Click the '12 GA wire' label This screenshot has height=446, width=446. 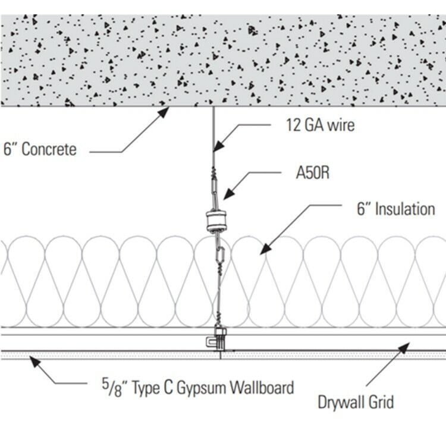click(x=321, y=125)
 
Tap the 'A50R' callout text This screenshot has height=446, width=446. click(x=313, y=172)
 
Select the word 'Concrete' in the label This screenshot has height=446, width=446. click(x=49, y=149)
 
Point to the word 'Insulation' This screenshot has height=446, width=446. click(x=405, y=209)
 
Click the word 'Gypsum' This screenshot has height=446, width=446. click(x=202, y=388)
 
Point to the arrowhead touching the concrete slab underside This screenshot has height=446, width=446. click(x=164, y=112)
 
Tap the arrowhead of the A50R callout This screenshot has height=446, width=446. click(x=229, y=194)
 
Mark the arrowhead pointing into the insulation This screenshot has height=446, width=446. click(x=266, y=249)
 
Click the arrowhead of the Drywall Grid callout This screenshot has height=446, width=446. click(x=404, y=348)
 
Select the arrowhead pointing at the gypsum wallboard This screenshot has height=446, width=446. click(x=35, y=362)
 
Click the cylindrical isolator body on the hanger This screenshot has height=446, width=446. click(x=216, y=221)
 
